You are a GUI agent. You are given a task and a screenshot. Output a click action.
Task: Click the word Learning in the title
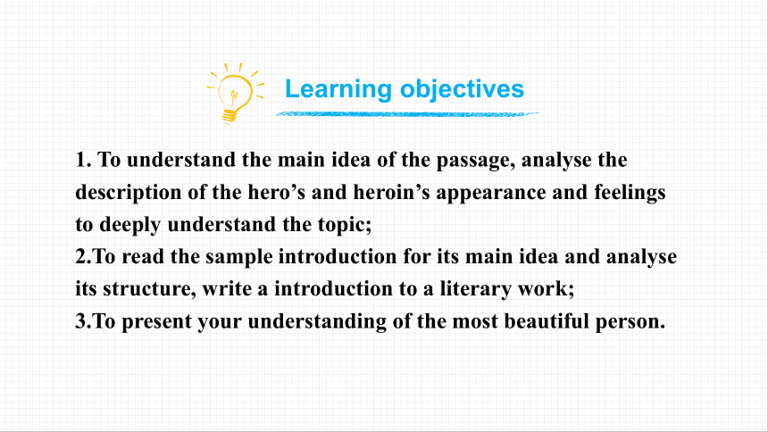coord(338,89)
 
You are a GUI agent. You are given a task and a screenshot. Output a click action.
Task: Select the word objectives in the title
coord(462,89)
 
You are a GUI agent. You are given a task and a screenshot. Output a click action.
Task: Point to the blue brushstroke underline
coord(407,114)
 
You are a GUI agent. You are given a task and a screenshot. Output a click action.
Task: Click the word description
coord(129,193)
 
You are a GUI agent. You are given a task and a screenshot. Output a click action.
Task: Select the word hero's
coord(276,192)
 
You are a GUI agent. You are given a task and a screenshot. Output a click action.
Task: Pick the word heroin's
coord(391,192)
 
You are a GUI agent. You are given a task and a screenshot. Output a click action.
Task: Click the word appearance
coord(491,193)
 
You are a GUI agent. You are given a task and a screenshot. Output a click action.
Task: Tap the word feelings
coord(630,193)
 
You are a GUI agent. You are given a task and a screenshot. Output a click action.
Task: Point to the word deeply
coord(129,225)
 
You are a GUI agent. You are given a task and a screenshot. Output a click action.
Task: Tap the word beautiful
coord(547,321)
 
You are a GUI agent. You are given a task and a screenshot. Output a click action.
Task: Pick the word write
coord(226,289)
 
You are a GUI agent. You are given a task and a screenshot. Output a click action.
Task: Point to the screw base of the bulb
coord(230,117)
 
